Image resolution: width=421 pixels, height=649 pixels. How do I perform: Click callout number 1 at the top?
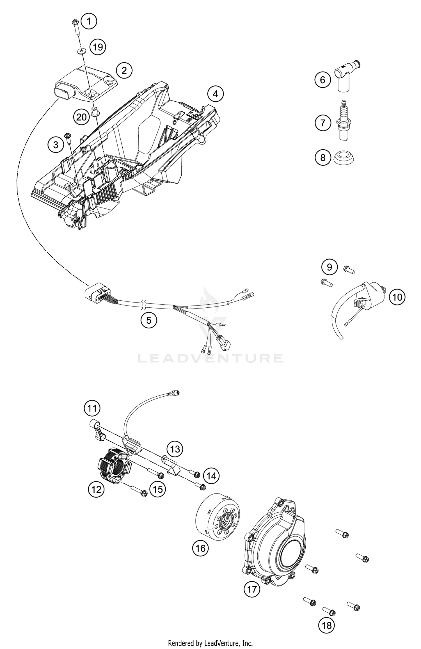point(89,21)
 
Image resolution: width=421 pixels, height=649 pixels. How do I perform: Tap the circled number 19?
point(98,47)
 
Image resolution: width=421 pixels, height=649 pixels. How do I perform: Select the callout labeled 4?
point(216,94)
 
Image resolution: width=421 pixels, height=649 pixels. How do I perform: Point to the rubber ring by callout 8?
point(344,158)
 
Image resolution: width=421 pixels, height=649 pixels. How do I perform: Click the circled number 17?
point(252,589)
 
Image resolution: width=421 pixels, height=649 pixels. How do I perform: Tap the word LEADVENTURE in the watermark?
point(210,358)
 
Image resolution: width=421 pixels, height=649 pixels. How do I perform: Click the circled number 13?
point(175,449)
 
